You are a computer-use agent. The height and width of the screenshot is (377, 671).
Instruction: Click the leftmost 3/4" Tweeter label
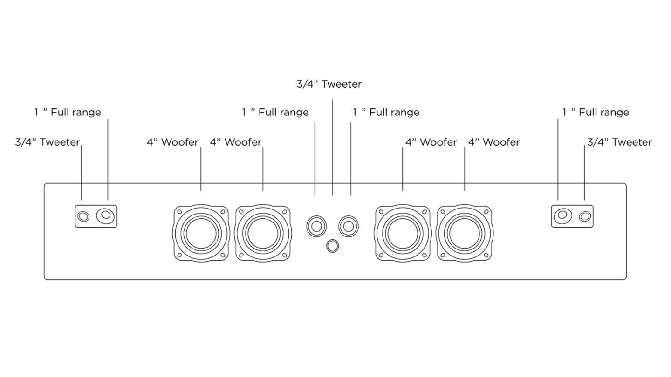point(47,142)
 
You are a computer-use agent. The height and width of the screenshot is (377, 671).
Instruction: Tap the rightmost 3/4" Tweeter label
point(619,142)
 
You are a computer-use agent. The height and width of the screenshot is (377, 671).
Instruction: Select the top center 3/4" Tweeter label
point(329,84)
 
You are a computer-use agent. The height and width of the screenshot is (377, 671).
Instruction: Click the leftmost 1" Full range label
point(67,112)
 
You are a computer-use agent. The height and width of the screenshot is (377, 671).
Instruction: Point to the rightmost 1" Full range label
point(595,112)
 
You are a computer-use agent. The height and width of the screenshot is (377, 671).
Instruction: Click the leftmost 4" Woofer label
point(172,142)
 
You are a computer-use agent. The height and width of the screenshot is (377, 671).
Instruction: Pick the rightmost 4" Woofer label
point(494,142)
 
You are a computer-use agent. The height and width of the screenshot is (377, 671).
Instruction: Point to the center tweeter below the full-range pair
point(332,246)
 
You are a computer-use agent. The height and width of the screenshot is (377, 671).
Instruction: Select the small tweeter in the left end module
point(83,216)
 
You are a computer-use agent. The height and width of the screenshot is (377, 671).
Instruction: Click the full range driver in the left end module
point(105,216)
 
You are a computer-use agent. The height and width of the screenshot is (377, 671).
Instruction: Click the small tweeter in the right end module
point(585,216)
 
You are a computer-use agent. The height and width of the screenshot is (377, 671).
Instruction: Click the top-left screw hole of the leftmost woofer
point(179,211)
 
